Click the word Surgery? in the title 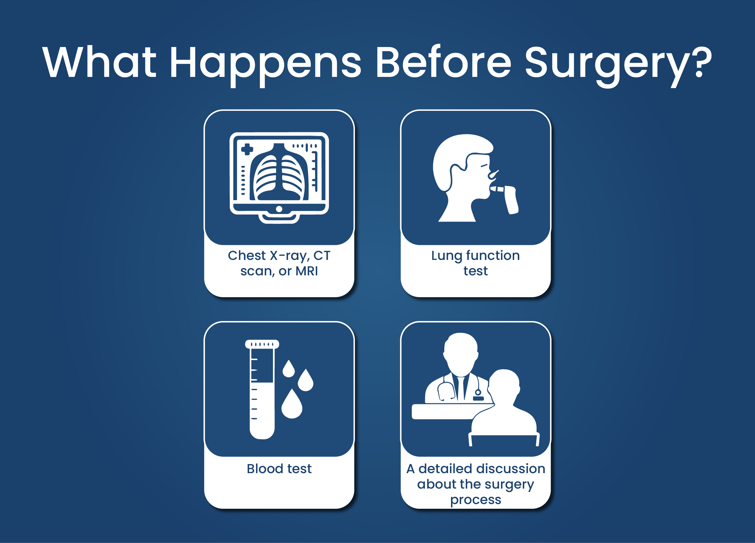pyautogui.click(x=618, y=65)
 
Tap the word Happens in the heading pyautogui.click(x=265, y=65)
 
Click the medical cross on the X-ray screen pyautogui.click(x=247, y=149)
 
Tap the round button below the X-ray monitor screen pyautogui.click(x=279, y=209)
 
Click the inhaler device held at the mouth pyautogui.click(x=507, y=198)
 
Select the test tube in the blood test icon pyautogui.click(x=262, y=390)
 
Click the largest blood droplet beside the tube pyautogui.click(x=292, y=404)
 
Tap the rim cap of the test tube pyautogui.click(x=262, y=344)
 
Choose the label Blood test pyautogui.click(x=279, y=468)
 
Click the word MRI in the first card pyautogui.click(x=307, y=271)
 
